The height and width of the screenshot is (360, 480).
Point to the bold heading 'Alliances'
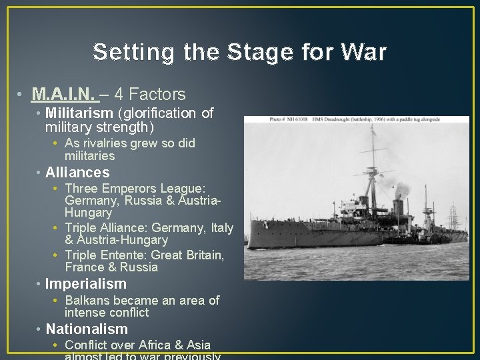(77, 173)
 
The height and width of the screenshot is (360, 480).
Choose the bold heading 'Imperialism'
(85, 284)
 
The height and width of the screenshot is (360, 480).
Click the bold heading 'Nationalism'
(87, 329)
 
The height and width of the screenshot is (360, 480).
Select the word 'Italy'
(222, 228)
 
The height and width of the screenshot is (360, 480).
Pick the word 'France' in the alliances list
(84, 267)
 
